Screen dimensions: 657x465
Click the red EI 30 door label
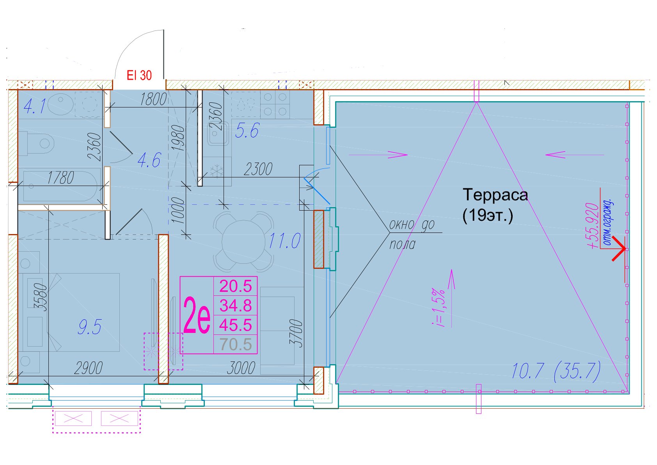pos(139,75)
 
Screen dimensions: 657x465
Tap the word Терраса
pos(495,195)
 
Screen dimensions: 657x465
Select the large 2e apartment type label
pos(197,315)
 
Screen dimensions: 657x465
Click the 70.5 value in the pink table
pos(236,344)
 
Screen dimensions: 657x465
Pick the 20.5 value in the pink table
pos(236,286)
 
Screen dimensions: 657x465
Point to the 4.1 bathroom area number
pos(35,106)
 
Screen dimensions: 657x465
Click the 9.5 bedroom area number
pos(90,327)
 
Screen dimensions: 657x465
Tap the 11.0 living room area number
pos(284,241)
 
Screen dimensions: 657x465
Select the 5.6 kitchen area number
pos(247,131)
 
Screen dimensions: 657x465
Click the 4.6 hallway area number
pos(149,160)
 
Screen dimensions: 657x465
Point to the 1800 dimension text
pos(153,99)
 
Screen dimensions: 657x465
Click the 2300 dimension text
pos(258,169)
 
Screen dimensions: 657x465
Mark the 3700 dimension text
pos(296,333)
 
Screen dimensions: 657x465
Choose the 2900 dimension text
pos(88,368)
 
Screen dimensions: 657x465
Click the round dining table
pos(243,241)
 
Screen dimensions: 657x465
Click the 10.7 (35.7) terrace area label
pos(556,372)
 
